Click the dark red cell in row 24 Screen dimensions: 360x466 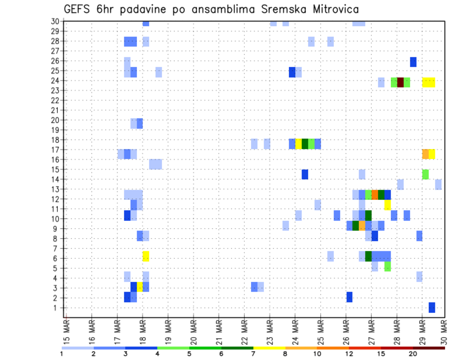tap(400, 82)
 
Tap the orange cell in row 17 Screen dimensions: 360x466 tap(425, 154)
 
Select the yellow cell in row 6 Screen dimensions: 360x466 tap(146, 256)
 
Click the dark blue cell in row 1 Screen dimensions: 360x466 tap(432, 307)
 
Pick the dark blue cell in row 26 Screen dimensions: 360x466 tap(413, 62)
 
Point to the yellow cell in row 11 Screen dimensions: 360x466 tap(387, 205)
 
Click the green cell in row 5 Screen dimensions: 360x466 tap(387, 266)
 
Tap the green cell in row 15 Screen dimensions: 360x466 tap(425, 174)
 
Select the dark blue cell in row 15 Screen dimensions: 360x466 tap(305, 174)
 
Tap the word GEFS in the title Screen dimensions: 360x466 tap(79, 9)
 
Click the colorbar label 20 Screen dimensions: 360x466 tap(413, 354)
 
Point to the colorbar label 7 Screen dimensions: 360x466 tap(253, 354)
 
